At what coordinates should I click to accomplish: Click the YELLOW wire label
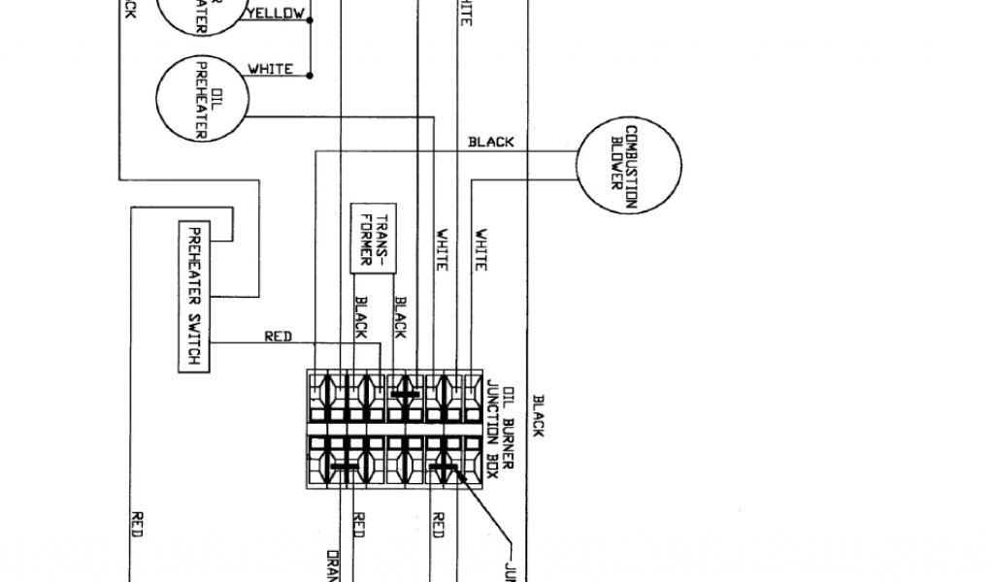pyautogui.click(x=276, y=14)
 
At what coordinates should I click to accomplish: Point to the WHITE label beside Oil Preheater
pyautogui.click(x=270, y=69)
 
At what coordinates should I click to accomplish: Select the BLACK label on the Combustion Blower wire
pyautogui.click(x=491, y=142)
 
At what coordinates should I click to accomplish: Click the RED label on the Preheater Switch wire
pyautogui.click(x=279, y=337)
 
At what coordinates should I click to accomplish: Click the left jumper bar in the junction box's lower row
pyautogui.click(x=344, y=466)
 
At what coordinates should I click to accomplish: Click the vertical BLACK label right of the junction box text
pyautogui.click(x=538, y=415)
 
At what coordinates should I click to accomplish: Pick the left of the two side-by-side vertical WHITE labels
pyautogui.click(x=442, y=248)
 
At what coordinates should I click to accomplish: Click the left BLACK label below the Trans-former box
pyautogui.click(x=360, y=317)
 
